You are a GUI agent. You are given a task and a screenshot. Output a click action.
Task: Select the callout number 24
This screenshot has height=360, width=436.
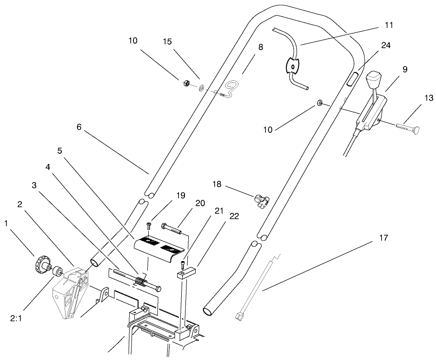click(x=385, y=46)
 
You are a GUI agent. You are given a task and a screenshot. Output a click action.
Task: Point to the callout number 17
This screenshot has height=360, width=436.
click(x=383, y=238)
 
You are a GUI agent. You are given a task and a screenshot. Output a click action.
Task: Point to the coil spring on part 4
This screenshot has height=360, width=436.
click(x=139, y=281)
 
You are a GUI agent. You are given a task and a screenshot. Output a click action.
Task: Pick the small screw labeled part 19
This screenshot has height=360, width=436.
click(x=148, y=226)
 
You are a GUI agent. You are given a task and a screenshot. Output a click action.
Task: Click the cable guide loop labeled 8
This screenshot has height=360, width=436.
click(x=231, y=87)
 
